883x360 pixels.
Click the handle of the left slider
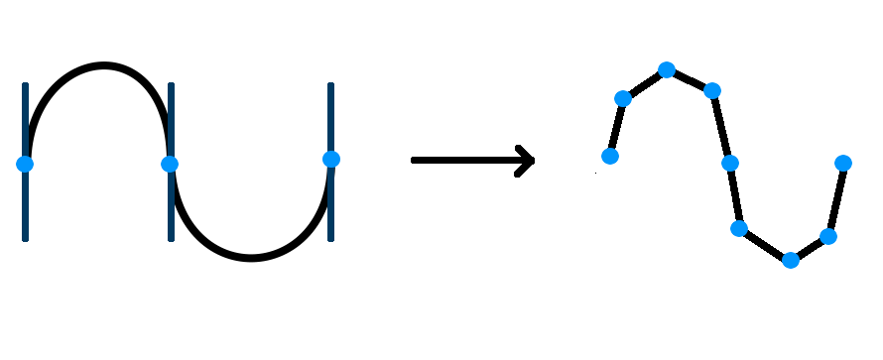pyautogui.click(x=25, y=164)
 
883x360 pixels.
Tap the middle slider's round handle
pyautogui.click(x=170, y=164)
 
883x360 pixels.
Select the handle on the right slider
pyautogui.click(x=331, y=159)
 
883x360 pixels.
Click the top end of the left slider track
pyautogui.click(x=25, y=85)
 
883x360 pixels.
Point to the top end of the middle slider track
pyautogui.click(x=171, y=85)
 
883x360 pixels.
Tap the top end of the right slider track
pyautogui.click(x=330, y=85)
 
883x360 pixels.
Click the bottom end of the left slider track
pyautogui.click(x=25, y=238)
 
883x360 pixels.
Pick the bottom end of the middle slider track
pyautogui.click(x=171, y=238)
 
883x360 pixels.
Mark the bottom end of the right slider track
pyautogui.click(x=330, y=238)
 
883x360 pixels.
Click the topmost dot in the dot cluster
pyautogui.click(x=667, y=69)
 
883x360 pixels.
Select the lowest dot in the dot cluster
pyautogui.click(x=791, y=260)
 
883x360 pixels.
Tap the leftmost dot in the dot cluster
pyautogui.click(x=610, y=156)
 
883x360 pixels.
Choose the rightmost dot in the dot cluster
pyautogui.click(x=843, y=163)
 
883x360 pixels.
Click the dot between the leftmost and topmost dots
pyautogui.click(x=623, y=98)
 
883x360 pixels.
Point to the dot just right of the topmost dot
pyautogui.click(x=712, y=90)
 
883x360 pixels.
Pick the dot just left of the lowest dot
pyautogui.click(x=739, y=228)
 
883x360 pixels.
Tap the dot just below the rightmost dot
pyautogui.click(x=828, y=236)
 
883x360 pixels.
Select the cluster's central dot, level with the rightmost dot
pyautogui.click(x=730, y=163)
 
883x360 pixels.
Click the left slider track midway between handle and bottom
pyautogui.click(x=25, y=201)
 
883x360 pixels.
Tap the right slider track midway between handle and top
pyautogui.click(x=330, y=122)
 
